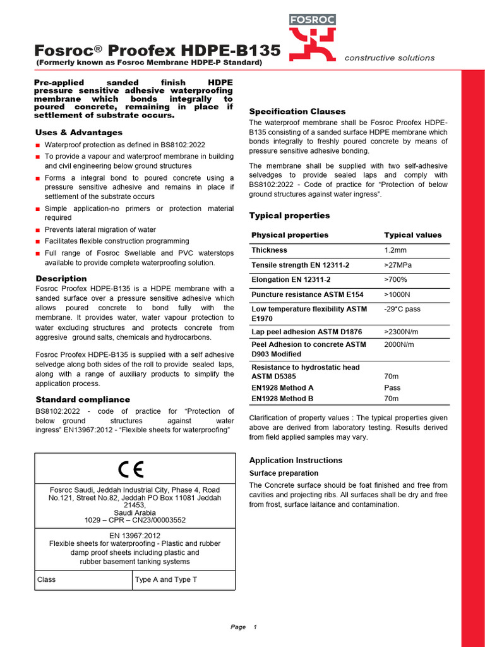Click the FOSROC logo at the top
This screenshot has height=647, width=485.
pos(312,38)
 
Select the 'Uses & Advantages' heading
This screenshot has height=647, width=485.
pos(79,133)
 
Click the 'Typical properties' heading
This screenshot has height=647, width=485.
pos(289,215)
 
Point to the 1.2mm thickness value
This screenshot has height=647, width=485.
pos(395,250)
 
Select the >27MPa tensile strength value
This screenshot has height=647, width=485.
pos(398,265)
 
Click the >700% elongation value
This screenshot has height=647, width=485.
pos(395,280)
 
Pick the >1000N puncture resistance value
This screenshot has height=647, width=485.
pos(397,295)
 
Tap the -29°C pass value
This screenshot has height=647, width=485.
pos(402,310)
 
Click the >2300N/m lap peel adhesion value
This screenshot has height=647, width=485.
pos(402,332)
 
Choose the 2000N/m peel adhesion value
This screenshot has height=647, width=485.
pos(400,345)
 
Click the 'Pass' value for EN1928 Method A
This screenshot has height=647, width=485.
pos(392,388)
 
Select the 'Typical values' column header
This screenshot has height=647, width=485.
pos(412,235)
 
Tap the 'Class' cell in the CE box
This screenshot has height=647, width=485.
pos(47,580)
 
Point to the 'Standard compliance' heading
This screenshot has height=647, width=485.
pos(83,400)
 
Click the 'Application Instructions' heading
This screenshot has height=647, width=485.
pos(296,461)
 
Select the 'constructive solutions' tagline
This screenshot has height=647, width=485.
pos(389,58)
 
